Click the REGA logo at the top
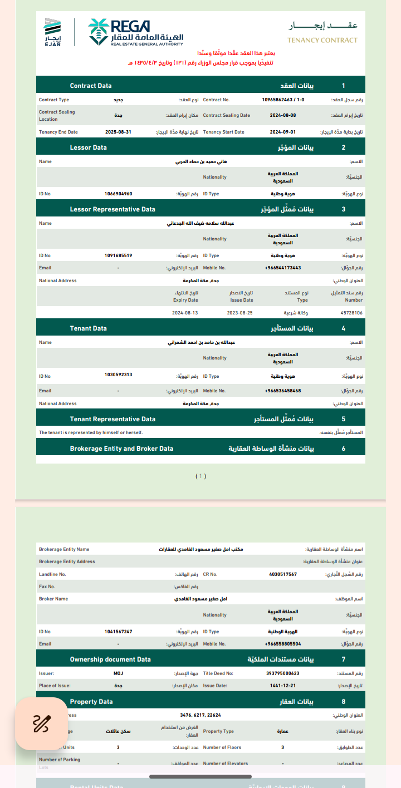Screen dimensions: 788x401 coord(135,33)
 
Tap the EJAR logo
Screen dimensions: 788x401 coord(53,33)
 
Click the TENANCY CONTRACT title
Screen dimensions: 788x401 coord(322,40)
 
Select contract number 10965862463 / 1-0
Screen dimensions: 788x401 coord(283,100)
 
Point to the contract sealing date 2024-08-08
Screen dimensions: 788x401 coord(283,116)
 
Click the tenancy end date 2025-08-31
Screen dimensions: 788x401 coord(118,132)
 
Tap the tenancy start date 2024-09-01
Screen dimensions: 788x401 coord(283,132)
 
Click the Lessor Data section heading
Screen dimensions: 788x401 coord(88,147)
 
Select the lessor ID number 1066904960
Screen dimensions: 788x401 coord(118,194)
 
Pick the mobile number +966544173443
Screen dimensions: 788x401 coord(283,268)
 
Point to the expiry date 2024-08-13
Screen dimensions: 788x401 coord(185,313)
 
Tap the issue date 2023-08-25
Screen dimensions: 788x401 coord(240,313)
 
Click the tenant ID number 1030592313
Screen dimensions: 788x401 coord(118,375)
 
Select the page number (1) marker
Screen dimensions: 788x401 coord(201,476)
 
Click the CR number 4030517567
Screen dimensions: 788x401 coord(283,574)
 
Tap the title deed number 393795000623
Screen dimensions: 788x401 coord(283,673)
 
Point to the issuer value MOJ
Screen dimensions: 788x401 coord(118,673)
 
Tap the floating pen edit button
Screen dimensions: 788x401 coord(41,723)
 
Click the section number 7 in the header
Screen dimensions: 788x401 coord(344,659)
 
